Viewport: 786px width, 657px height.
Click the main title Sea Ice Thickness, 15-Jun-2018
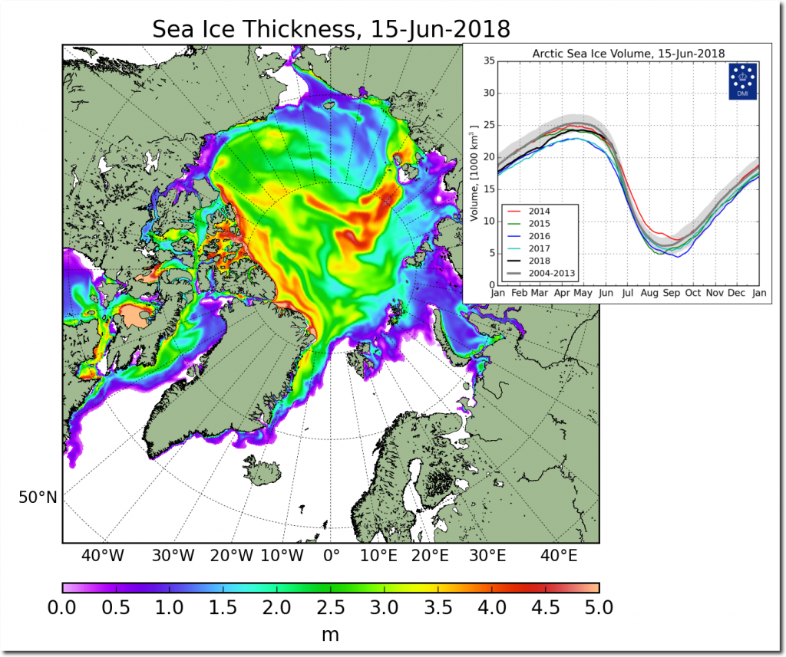tap(331, 29)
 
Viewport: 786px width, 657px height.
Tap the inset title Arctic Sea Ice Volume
tap(629, 53)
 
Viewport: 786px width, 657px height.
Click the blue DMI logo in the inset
tap(741, 81)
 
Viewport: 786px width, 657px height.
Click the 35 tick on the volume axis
tap(485, 61)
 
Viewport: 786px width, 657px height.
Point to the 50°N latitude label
tap(38, 498)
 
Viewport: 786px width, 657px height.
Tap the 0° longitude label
tap(332, 554)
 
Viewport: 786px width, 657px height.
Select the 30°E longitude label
tap(487, 554)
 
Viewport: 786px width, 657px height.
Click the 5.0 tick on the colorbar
tap(599, 608)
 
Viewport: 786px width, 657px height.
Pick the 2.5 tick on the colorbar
tap(330, 608)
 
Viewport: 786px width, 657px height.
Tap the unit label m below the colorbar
tap(330, 635)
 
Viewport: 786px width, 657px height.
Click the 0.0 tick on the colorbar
tap(62, 608)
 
